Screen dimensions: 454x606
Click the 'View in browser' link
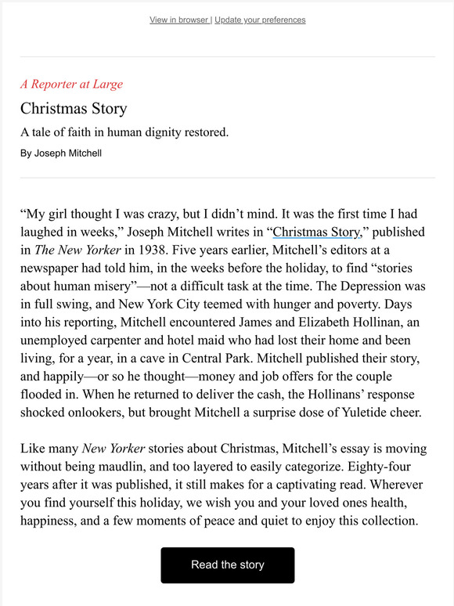[178, 20]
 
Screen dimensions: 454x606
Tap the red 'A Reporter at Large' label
[71, 84]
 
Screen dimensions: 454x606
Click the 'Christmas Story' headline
[74, 108]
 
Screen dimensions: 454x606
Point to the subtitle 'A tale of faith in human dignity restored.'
[124, 132]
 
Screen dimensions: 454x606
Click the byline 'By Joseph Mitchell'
[61, 153]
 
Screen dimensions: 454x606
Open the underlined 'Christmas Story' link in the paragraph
[316, 232]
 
